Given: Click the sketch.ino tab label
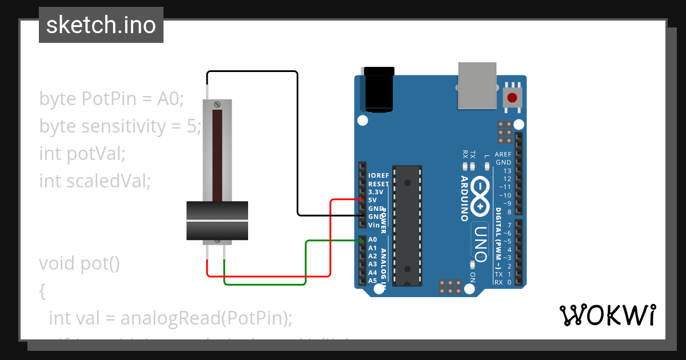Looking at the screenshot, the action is coord(101,25).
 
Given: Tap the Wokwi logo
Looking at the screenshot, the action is coord(607,315).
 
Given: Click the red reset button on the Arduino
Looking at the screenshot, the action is coord(512,98).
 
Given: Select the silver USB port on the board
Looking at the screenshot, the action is coord(477,85).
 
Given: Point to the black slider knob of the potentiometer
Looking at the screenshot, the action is coord(217,221).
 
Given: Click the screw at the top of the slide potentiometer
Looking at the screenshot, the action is coord(217,105).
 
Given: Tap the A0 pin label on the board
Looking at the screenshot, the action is coord(373,239).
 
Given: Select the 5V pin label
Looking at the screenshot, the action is coord(373,200).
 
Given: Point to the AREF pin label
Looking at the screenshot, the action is coord(503,154).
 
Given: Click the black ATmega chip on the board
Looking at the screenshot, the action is coord(407,225).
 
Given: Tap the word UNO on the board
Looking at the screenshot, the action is coord(481,240).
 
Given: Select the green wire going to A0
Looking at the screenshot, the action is coord(306,263).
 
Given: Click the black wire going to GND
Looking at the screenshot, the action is coord(297,143).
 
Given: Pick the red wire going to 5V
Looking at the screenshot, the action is coord(330,240).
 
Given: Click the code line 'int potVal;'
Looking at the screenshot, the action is coord(82,153).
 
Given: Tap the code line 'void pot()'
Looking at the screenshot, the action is coord(79,263).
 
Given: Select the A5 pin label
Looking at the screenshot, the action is coord(373,281).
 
